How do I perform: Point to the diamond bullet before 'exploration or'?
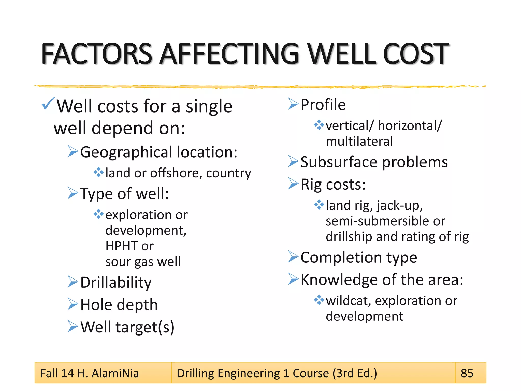pyautogui.click(x=98, y=214)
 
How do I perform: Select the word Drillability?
pyautogui.click(x=116, y=283)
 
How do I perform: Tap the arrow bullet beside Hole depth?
pyautogui.click(x=73, y=304)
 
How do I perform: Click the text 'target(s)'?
pyautogui.click(x=145, y=327)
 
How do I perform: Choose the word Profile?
pyautogui.click(x=323, y=105)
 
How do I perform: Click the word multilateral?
pyautogui.click(x=359, y=141)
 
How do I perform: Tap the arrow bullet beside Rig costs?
pyautogui.click(x=293, y=184)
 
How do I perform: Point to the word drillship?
pyautogui.click(x=349, y=237)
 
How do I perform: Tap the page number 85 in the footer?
pyautogui.click(x=467, y=373)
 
